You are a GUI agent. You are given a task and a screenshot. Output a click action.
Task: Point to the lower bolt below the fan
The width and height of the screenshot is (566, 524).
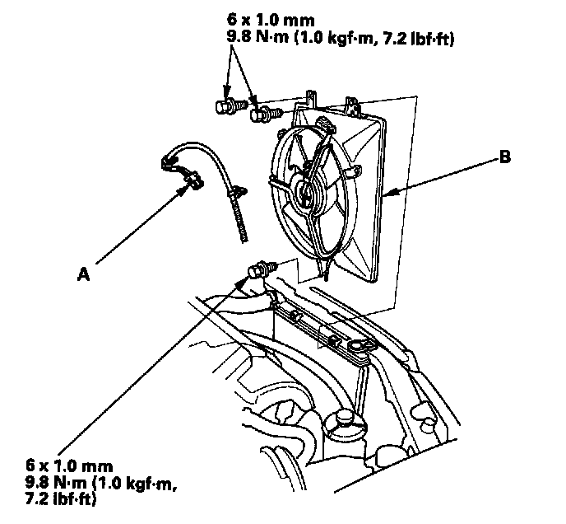coord(259,269)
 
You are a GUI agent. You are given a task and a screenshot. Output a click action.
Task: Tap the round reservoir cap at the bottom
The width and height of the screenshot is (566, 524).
coord(341,423)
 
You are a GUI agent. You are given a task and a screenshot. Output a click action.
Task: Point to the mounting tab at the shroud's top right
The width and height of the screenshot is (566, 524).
coord(353,105)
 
